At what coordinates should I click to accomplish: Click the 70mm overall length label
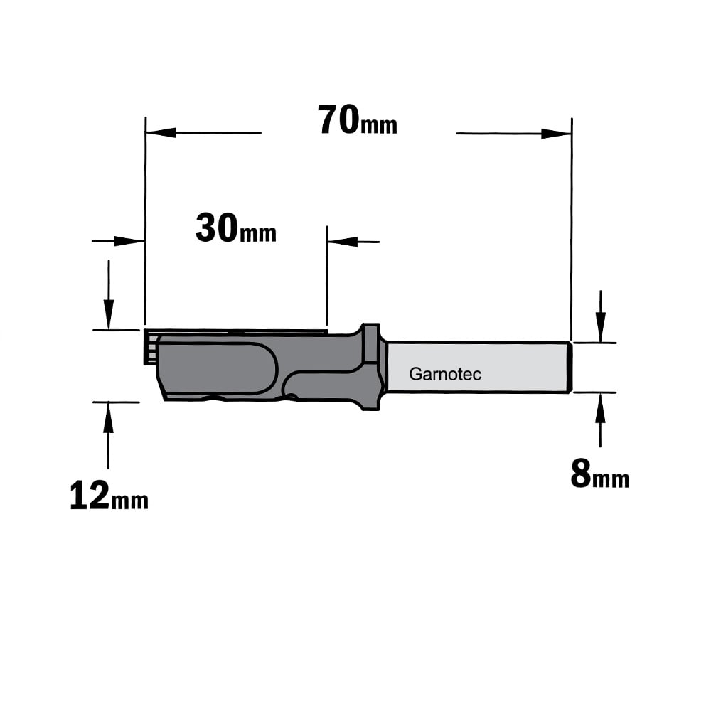tap(358, 120)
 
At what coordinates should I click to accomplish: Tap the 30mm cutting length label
tap(236, 228)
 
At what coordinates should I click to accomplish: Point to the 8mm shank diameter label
tap(599, 474)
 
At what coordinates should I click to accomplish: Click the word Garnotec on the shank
tap(445, 374)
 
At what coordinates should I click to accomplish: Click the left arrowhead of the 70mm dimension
tap(161, 132)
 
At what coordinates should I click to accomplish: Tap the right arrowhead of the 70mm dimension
tap(557, 134)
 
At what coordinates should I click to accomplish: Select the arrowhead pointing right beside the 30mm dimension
tap(129, 241)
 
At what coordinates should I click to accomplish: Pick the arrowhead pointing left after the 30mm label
tap(343, 241)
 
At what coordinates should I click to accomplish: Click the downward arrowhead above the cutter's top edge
tap(108, 314)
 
